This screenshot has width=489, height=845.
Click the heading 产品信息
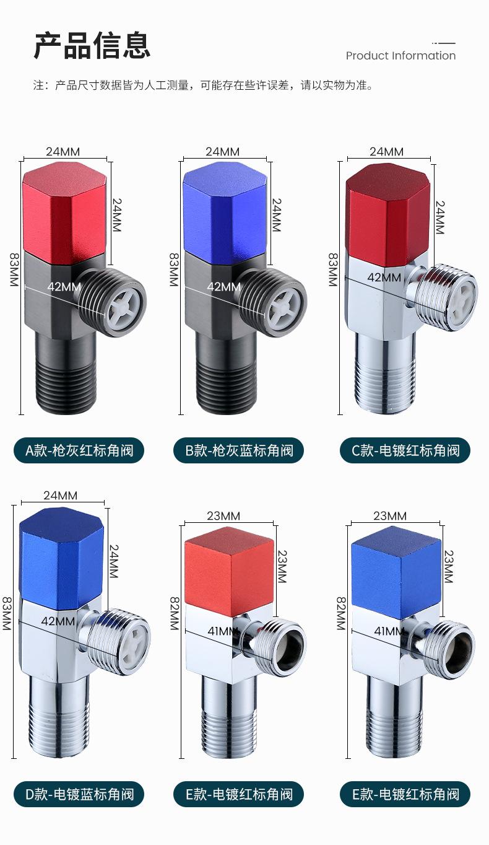(x=92, y=46)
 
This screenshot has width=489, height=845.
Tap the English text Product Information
(x=400, y=56)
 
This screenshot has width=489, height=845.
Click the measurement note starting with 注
(x=204, y=85)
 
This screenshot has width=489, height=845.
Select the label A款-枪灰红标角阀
(x=79, y=450)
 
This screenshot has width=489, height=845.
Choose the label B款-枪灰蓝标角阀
(x=239, y=450)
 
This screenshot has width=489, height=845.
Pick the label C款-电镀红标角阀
(x=405, y=450)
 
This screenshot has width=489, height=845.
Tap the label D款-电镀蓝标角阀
(x=79, y=794)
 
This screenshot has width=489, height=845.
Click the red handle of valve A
(x=64, y=212)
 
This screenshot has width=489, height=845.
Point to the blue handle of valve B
(x=225, y=212)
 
